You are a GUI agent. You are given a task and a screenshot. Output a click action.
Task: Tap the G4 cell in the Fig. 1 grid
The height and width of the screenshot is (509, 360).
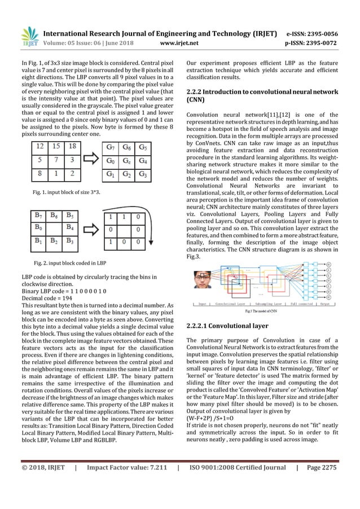(145, 160)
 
